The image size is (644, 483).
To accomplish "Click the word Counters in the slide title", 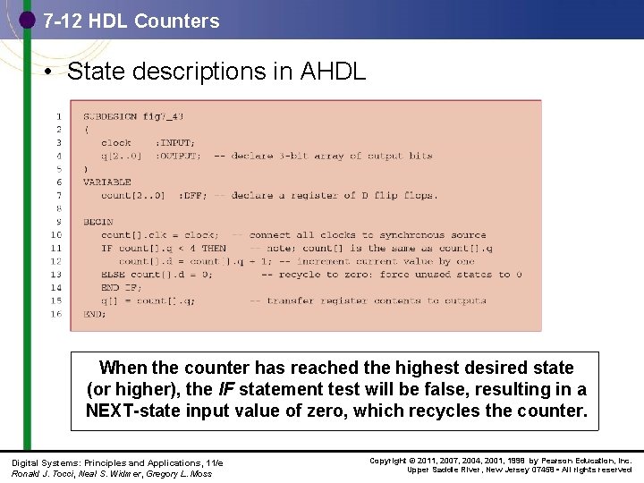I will (x=177, y=21).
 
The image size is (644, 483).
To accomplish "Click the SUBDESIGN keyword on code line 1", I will (x=111, y=116).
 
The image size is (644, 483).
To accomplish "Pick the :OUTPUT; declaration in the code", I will (x=178, y=156).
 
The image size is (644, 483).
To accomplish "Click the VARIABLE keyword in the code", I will (x=107, y=182).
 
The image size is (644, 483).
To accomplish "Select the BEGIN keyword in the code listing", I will (x=97, y=222).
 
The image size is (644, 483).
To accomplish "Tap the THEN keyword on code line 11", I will (x=214, y=248).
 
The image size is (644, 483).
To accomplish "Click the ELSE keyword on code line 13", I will (x=113, y=275).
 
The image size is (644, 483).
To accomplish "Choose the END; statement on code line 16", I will (x=95, y=314).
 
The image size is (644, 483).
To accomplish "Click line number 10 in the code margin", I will (x=56, y=235).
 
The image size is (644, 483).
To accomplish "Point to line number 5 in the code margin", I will (x=58, y=169).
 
